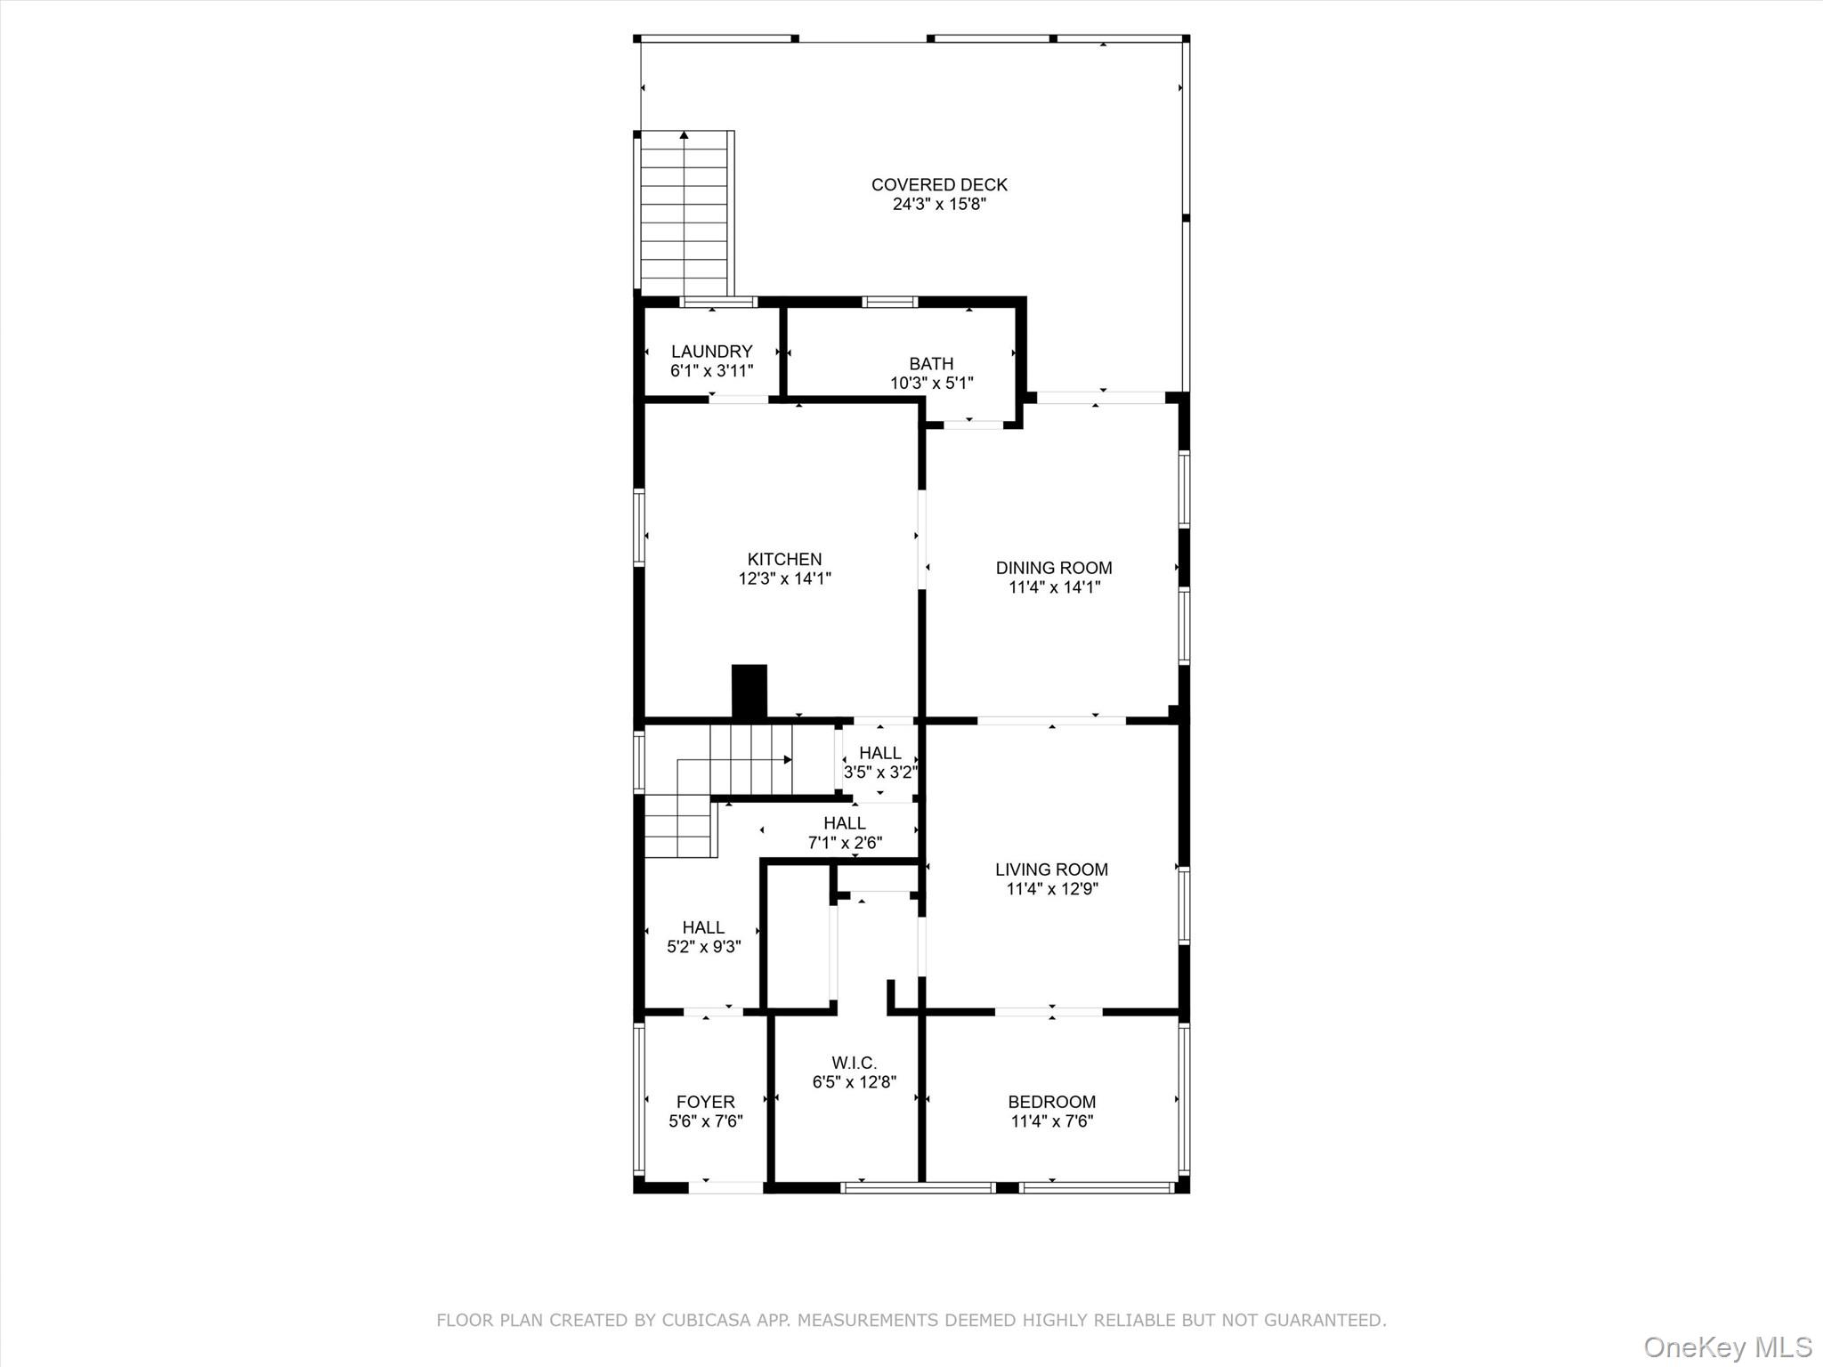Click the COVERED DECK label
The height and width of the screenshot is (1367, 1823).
939,184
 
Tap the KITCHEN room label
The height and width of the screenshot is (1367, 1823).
784,559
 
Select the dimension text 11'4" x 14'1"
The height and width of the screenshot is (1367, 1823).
1054,587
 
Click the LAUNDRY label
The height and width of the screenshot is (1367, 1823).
711,352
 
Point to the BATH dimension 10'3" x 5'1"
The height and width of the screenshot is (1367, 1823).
931,384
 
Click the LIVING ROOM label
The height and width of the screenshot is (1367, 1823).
1051,870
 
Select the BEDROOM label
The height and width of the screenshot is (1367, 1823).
1051,1102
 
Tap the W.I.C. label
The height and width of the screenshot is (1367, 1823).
854,1063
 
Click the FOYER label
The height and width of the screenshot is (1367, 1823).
705,1102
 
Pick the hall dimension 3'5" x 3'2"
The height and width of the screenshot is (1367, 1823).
879,772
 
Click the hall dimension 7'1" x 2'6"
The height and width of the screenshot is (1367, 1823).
845,843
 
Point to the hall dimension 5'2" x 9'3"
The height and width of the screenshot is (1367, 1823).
703,947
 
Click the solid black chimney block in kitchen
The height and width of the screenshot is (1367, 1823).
749,691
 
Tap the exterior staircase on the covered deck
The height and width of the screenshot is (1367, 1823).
684,214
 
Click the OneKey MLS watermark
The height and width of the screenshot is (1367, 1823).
1727,1347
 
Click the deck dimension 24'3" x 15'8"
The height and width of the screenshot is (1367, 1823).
939,204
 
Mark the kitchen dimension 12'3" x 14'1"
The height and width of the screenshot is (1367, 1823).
784,578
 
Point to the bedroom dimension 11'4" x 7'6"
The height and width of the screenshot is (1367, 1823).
1051,1121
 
